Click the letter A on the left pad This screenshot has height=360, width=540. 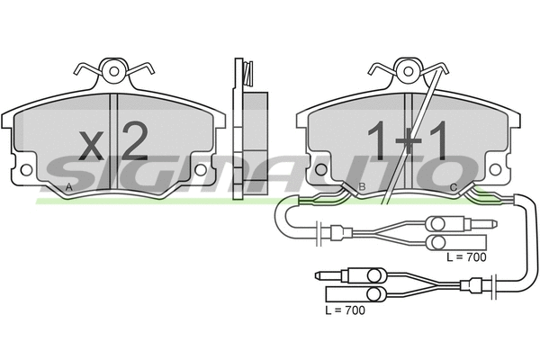pos(69,188)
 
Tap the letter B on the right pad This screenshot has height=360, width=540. pos(361,188)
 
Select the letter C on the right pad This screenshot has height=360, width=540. pos(453,188)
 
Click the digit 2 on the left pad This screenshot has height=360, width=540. pos(132,140)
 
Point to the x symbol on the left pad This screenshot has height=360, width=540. pos(92,144)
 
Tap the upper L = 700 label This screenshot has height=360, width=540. pos(466,257)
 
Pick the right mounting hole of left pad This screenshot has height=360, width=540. pos(203,169)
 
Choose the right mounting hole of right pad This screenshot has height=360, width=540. pos(496,169)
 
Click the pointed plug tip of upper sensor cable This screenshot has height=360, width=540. pos(496,222)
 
